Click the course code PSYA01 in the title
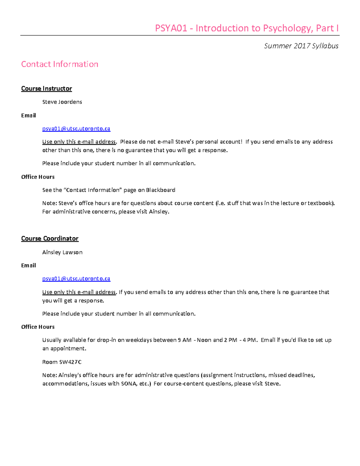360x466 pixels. (x=171, y=28)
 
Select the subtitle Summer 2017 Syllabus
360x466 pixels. (x=301, y=46)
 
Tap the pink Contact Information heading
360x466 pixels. (x=60, y=64)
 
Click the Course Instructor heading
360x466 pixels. (x=46, y=89)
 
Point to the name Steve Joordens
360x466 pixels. (x=62, y=102)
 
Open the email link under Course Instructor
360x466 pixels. (x=76, y=129)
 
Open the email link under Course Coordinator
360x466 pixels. (x=76, y=279)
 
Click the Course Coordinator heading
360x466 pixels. (x=50, y=239)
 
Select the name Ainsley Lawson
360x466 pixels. (x=62, y=252)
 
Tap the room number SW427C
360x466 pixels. (x=70, y=362)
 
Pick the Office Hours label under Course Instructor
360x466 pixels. (x=38, y=177)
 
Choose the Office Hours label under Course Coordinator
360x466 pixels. (x=38, y=327)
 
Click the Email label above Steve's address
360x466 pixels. (x=28, y=116)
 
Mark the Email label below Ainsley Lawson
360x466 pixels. (x=28, y=266)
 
